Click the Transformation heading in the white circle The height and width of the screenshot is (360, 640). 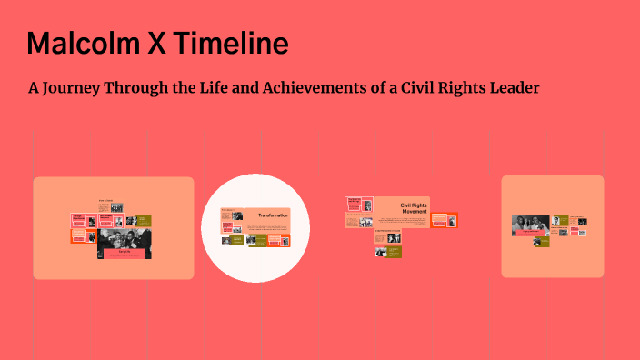coord(272,215)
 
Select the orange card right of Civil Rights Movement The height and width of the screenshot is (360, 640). coord(445,219)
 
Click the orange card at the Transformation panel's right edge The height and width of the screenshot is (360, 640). coord(285,239)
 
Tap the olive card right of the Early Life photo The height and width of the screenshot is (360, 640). coord(144,220)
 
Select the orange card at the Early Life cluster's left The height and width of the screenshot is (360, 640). coord(79,235)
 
